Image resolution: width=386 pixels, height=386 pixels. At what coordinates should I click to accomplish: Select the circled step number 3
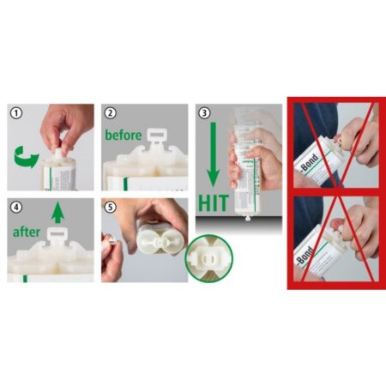point(203,112)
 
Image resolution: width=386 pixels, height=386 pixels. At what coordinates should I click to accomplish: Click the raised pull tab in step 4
point(58,233)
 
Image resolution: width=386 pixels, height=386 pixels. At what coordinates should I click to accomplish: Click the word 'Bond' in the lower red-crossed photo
point(305,255)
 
